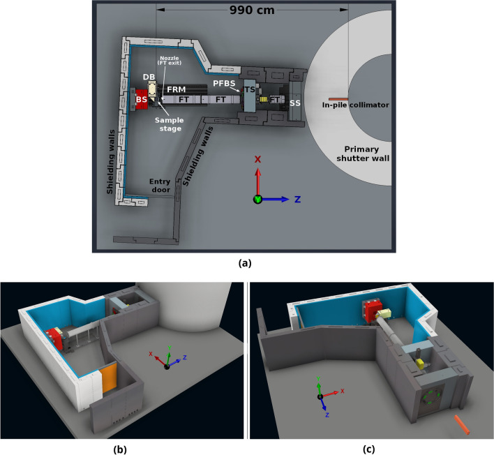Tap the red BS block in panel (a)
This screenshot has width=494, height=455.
[142, 98]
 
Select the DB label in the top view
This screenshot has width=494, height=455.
[149, 75]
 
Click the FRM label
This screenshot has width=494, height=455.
[176, 90]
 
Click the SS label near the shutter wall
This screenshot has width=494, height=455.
[296, 103]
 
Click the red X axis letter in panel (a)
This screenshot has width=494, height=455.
[257, 158]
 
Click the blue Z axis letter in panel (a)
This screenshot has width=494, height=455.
[297, 199]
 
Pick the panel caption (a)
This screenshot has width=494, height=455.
[245, 263]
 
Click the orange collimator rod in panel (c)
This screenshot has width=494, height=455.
[462, 424]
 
